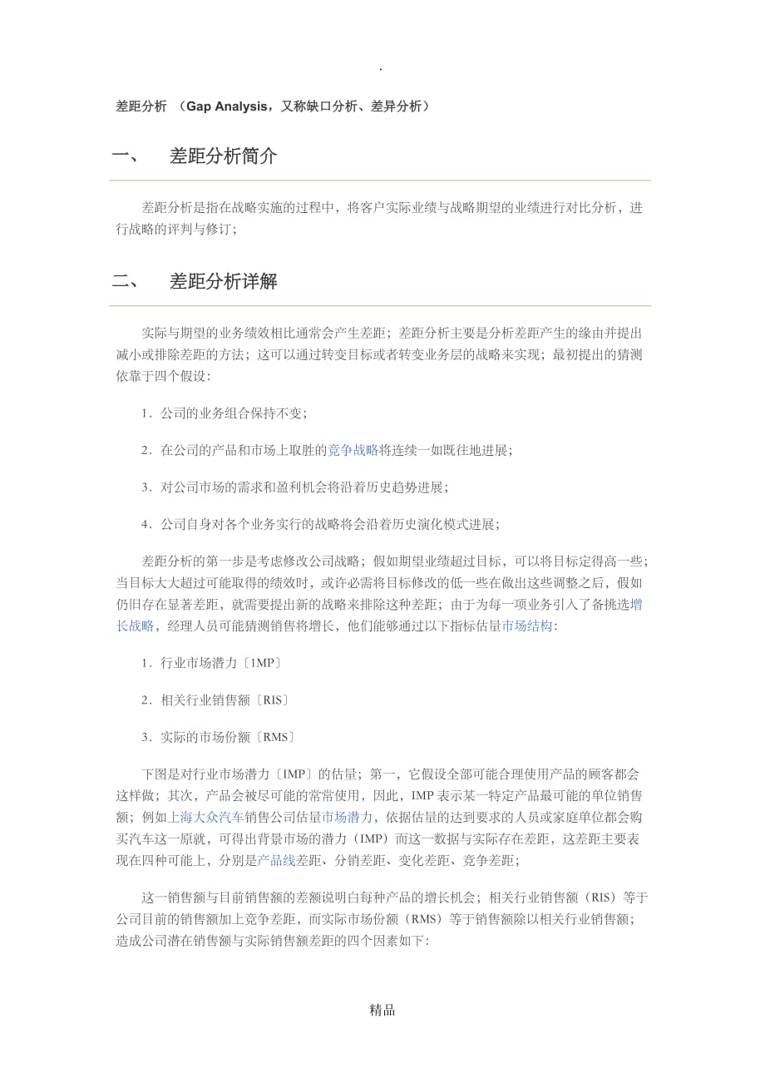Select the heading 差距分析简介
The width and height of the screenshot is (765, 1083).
coord(223,156)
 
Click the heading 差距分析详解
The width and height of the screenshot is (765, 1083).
coord(223,282)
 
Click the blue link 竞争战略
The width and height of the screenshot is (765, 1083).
coord(353,450)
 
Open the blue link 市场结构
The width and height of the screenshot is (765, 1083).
coord(527,626)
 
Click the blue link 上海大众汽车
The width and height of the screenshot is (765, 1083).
coord(206,817)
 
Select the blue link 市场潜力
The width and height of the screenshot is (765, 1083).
coord(347,817)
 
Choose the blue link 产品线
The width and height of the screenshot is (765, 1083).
coord(276,860)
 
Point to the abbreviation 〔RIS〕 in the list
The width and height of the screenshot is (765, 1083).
coord(273,700)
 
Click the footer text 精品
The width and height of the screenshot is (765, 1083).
coord(382,1011)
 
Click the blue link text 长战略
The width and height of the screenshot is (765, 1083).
coord(135,626)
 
